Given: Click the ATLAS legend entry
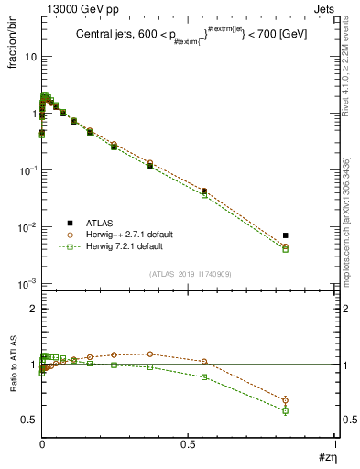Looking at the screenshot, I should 99,223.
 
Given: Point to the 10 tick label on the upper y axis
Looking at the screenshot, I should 29,57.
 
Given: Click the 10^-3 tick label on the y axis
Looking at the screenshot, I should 27,284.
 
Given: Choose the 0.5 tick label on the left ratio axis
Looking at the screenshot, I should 29,420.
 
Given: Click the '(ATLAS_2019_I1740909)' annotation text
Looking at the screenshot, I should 189,274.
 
